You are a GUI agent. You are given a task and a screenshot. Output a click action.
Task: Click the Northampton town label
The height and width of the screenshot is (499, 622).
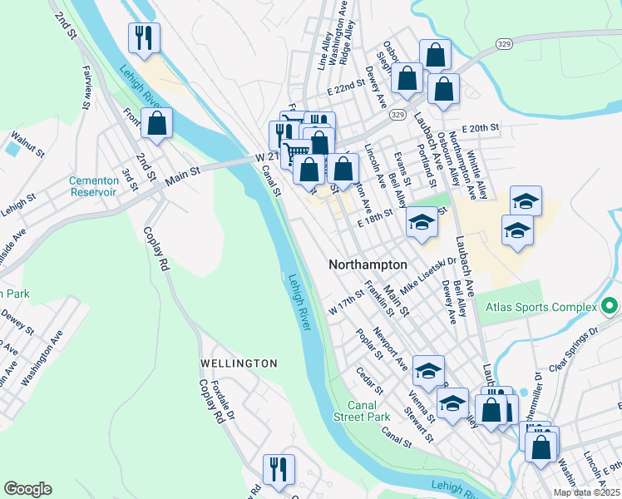(368, 264)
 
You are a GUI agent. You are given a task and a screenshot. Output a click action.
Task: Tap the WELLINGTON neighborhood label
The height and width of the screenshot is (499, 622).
(239, 363)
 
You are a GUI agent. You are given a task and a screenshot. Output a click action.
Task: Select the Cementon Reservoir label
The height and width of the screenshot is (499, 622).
(92, 186)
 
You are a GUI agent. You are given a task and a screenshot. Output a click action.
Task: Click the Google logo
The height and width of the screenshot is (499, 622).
(27, 489)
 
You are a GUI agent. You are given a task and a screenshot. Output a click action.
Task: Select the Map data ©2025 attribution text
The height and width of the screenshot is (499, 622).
(586, 492)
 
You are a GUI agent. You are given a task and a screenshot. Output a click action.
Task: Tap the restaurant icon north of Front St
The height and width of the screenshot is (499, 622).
(143, 37)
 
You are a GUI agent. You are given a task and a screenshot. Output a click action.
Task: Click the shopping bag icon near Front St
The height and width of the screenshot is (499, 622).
(156, 124)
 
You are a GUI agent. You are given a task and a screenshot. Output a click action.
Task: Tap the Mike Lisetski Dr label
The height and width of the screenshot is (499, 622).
(428, 275)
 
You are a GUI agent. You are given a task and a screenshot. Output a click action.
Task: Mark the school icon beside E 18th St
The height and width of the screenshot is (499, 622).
(422, 222)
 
